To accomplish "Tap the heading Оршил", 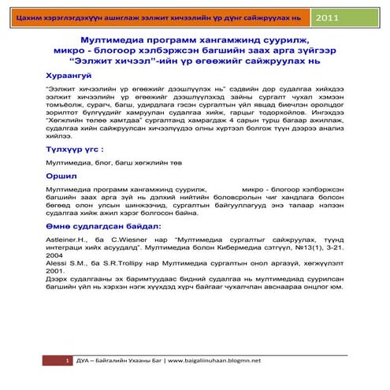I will (62, 177).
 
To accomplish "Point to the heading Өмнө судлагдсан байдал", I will (102, 226).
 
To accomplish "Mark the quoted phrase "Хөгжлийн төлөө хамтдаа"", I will (86, 121).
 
